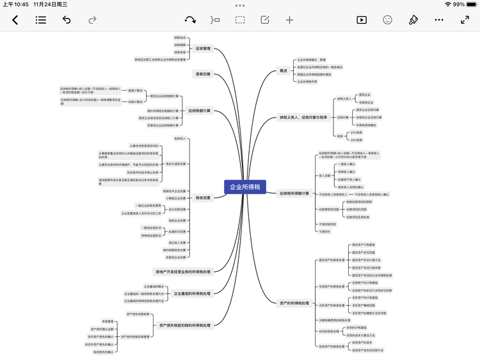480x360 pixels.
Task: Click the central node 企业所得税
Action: tap(245, 187)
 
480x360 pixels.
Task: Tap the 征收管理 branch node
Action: tap(203, 48)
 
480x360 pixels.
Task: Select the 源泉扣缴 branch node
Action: tap(203, 74)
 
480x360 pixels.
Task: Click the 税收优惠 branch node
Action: tap(203, 198)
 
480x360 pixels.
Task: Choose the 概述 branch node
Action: tap(283, 70)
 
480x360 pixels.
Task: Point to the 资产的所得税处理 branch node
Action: tap(294, 302)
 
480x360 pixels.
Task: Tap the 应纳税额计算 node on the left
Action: tap(200, 110)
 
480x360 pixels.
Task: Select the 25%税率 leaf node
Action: tap(356, 132)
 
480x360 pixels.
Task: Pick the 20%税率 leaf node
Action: tap(356, 139)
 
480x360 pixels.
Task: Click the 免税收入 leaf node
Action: tap(180, 138)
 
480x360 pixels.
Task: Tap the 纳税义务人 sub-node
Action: tap(344, 98)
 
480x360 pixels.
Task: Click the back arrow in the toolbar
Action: tap(15, 20)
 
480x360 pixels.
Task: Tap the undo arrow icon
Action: tap(67, 20)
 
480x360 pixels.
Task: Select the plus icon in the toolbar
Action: tap(289, 20)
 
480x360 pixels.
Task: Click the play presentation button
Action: tap(361, 20)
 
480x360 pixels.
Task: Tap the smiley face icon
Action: tap(387, 20)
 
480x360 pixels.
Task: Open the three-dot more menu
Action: tap(439, 20)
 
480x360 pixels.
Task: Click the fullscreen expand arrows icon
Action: tap(465, 20)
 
